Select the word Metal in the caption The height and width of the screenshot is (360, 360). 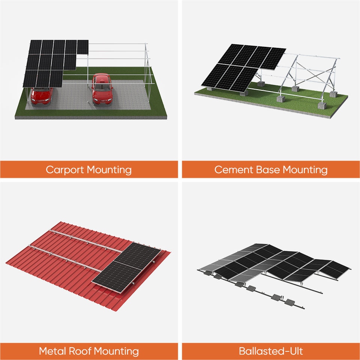[x=53, y=351]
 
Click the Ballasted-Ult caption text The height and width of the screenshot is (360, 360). [x=271, y=351]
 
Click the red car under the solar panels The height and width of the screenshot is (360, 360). [x=41, y=96]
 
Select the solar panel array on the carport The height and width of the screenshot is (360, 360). [x=52, y=62]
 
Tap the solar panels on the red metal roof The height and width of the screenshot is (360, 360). [x=127, y=266]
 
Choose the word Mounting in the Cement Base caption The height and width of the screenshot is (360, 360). [x=305, y=170]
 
